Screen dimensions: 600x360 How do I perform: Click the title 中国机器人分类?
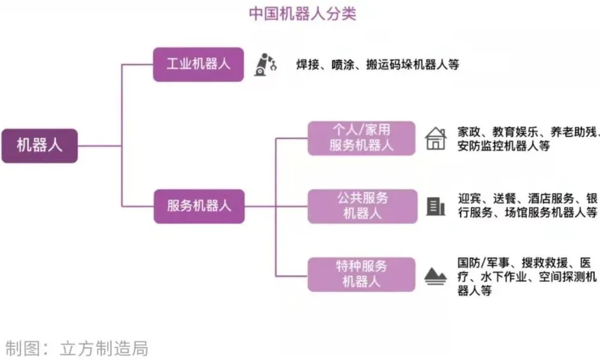coord(302,14)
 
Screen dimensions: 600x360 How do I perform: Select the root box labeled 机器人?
coord(40,146)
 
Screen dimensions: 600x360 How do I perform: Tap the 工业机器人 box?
coord(198,64)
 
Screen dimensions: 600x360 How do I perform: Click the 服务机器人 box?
coord(199,206)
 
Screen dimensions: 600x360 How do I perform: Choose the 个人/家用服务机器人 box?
coord(361,138)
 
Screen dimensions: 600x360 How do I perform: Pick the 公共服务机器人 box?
coord(363,206)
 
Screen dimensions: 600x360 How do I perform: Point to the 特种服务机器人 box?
coord(361,275)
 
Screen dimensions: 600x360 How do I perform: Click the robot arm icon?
coord(265,64)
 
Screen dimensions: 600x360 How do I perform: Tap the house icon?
coord(436,138)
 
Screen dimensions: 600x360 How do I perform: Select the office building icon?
coord(436,207)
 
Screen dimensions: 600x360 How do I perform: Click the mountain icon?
coord(435,276)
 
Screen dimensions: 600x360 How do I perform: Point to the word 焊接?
coord(308,65)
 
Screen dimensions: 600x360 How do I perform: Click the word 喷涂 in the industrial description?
coord(343,65)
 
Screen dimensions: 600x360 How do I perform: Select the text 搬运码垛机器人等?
coord(412,65)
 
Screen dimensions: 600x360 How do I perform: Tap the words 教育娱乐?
coord(515,132)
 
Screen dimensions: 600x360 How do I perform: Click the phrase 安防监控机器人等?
coord(504,146)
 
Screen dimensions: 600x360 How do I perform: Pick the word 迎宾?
coord(470,198)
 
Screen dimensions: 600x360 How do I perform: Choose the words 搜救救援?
coord(545,263)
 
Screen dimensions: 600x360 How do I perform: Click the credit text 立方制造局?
coord(104,349)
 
